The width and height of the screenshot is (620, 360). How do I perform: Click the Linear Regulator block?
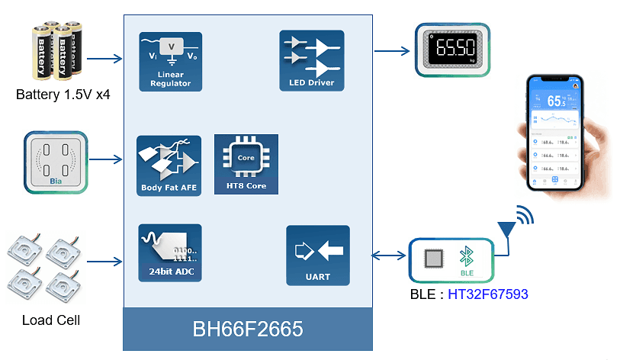point(170,61)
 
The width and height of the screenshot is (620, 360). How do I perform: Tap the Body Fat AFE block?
point(169,166)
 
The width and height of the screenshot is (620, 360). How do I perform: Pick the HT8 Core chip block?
point(246,164)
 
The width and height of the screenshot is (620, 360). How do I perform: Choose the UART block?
point(317,256)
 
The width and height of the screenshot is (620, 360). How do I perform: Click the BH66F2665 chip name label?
point(248,329)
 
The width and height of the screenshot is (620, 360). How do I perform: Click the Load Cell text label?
point(51,320)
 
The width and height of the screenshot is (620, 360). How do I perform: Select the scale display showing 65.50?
point(452,51)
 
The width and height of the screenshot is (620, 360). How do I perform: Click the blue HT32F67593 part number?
point(488,294)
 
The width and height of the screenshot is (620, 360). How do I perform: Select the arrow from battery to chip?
point(106,58)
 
